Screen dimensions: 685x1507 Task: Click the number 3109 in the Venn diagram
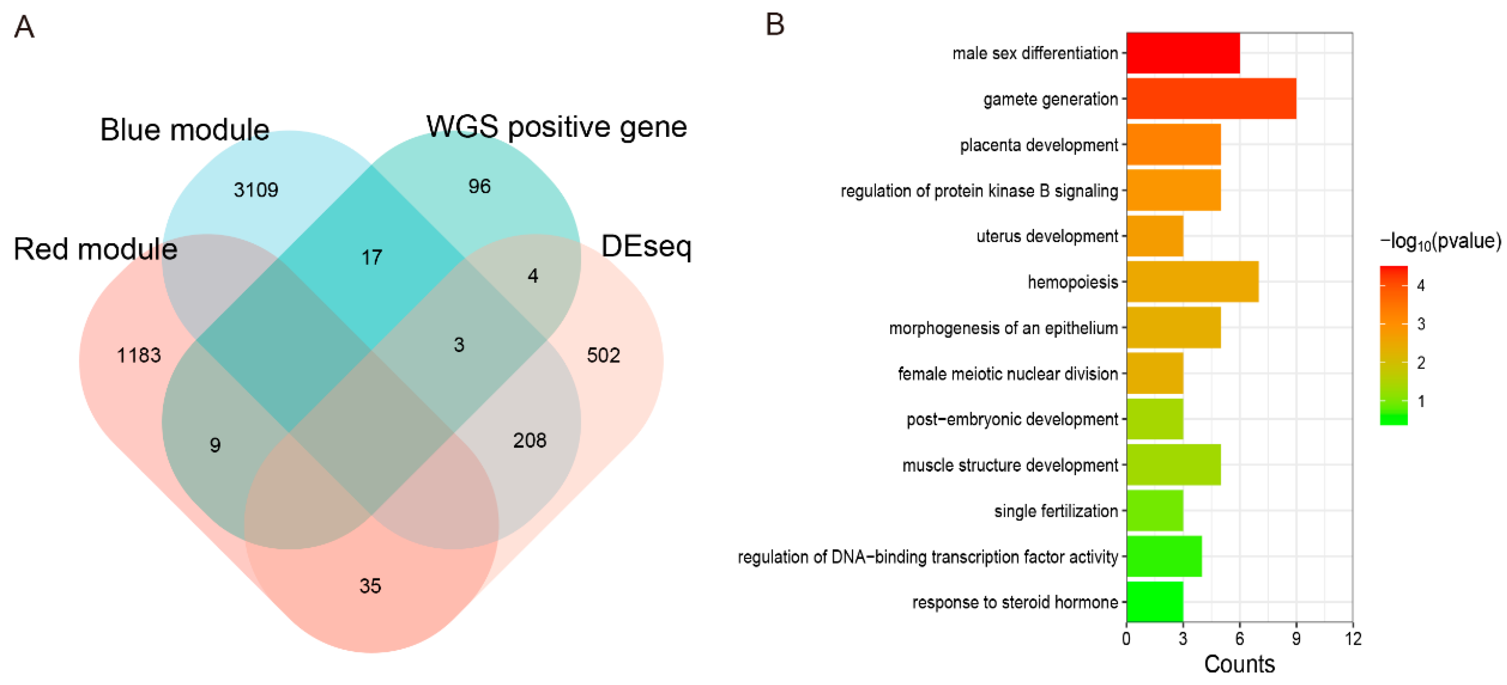(x=256, y=190)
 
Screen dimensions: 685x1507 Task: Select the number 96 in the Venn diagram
(x=479, y=186)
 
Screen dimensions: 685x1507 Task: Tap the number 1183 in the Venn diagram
(x=138, y=355)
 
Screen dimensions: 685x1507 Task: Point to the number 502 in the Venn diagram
(x=603, y=355)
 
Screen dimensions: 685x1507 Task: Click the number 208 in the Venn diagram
(x=529, y=440)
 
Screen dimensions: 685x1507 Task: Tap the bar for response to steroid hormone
(x=1154, y=601)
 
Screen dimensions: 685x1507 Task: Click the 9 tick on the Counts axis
(x=1296, y=639)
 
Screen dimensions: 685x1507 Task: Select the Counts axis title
(x=1239, y=664)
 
